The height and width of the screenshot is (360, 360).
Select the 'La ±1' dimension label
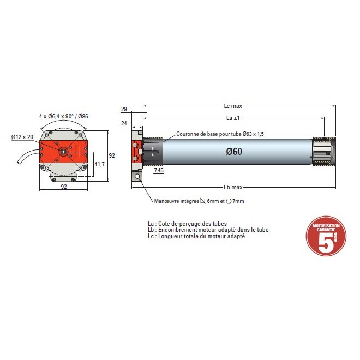click(233, 118)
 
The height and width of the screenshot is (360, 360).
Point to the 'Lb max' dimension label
click(233, 186)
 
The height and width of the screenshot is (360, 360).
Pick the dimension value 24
click(124, 124)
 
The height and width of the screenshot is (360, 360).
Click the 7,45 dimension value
click(159, 171)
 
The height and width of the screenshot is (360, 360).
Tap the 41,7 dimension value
click(100, 164)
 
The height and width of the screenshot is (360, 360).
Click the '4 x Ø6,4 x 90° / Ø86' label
click(64, 116)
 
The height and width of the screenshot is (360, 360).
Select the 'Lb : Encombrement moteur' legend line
click(208, 230)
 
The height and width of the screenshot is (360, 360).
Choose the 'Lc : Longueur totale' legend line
click(196, 237)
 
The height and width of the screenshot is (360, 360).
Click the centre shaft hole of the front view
click(64, 151)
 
